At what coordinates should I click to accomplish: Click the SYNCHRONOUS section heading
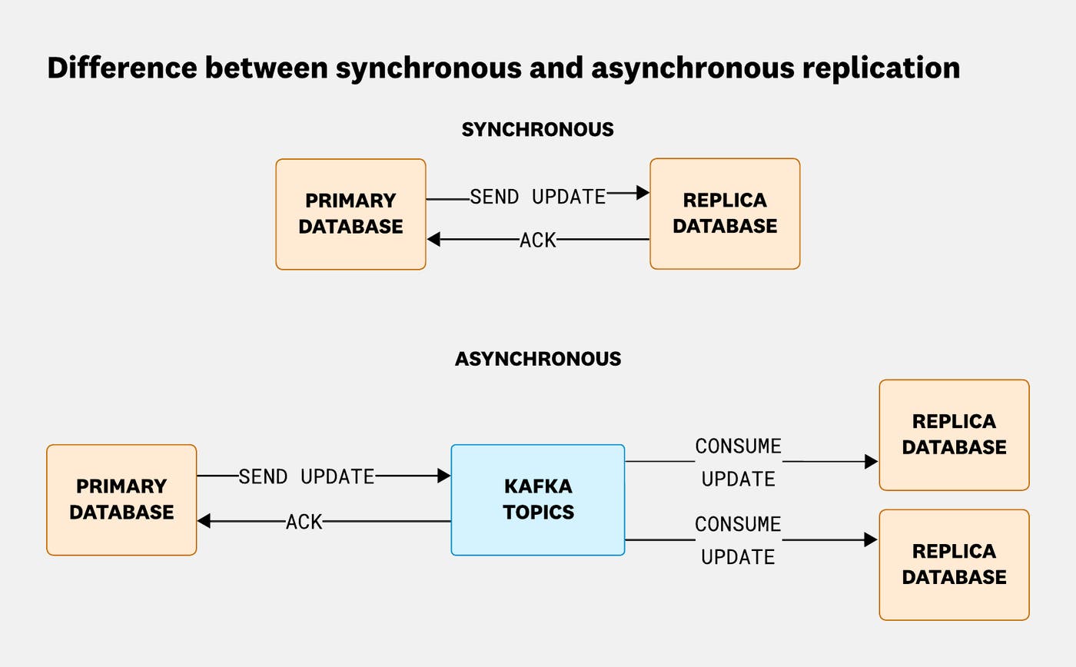coord(537,130)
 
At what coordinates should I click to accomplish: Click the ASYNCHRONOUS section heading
coord(537,359)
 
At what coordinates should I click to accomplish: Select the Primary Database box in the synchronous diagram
coord(350,214)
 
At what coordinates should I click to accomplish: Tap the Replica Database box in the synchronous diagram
coord(725,214)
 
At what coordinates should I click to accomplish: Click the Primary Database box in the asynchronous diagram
coord(121,499)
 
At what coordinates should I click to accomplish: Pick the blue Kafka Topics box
coord(537,499)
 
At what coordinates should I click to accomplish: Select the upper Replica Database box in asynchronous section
coord(954,434)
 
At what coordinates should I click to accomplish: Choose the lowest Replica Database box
coord(954,564)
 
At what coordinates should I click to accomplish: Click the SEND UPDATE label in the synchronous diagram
coord(537,197)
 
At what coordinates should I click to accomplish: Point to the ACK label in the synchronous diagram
coord(537,241)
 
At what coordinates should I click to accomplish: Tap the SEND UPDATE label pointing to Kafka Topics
coord(306,476)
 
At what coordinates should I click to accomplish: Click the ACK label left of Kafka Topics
coord(304,522)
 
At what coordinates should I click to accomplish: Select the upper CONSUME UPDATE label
coord(738,462)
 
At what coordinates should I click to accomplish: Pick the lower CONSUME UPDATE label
coord(738,540)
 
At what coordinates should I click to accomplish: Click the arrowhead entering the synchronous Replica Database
coord(643,193)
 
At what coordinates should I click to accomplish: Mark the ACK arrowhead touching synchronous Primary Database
coord(433,240)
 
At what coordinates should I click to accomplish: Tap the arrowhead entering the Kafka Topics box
coord(444,476)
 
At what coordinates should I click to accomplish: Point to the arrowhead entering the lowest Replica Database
coord(871,539)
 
